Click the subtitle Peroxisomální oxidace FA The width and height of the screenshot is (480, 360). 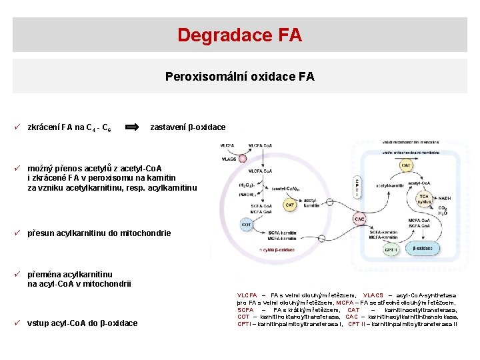[239, 77]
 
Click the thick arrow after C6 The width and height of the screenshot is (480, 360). [133, 127]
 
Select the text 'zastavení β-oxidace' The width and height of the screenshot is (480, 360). [188, 127]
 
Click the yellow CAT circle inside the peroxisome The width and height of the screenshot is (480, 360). [290, 206]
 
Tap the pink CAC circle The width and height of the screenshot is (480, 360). [359, 219]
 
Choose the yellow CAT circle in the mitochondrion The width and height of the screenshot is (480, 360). [406, 164]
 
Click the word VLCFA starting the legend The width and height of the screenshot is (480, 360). [247, 295]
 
